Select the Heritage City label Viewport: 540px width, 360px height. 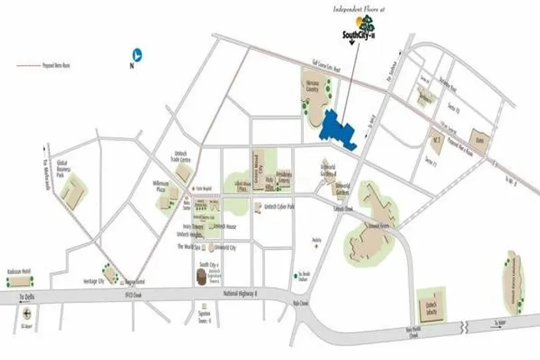tap(93, 281)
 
